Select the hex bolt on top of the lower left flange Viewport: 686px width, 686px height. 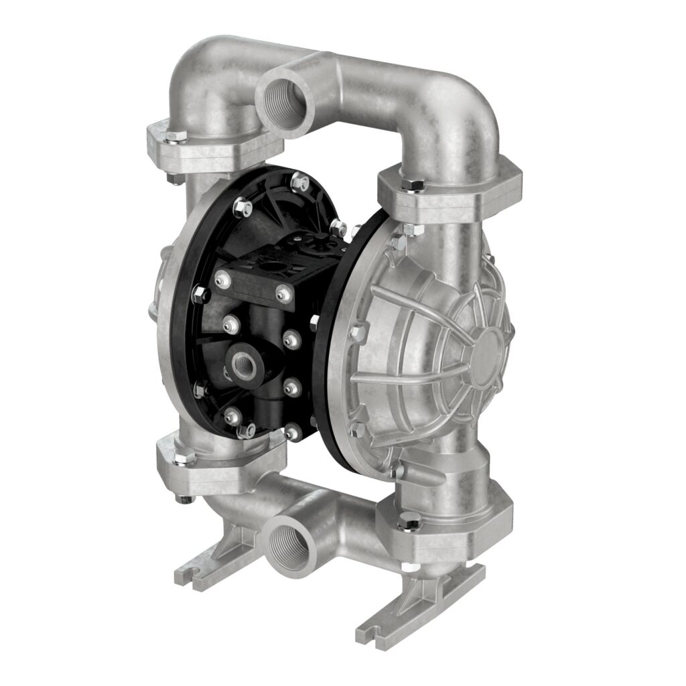188,457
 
